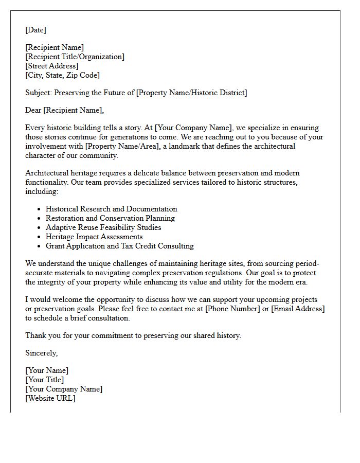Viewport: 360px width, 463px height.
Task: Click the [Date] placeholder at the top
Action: tap(35, 30)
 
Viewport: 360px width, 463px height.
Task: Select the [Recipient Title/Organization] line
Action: tap(75, 57)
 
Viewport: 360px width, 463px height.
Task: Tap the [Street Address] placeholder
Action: tap(52, 66)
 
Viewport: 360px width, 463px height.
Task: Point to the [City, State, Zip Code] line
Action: tap(62, 75)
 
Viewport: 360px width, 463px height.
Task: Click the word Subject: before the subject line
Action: tap(39, 93)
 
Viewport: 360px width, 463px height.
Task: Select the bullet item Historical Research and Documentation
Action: tap(111, 209)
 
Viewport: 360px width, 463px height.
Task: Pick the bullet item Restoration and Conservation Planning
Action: tap(110, 218)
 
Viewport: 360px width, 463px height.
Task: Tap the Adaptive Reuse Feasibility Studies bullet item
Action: tap(103, 227)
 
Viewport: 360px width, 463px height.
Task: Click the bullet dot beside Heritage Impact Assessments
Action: tap(39, 237)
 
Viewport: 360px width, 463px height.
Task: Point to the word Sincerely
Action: tap(41, 353)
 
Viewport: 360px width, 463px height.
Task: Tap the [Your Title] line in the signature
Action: tap(45, 380)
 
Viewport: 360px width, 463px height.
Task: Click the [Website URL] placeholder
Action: tap(50, 398)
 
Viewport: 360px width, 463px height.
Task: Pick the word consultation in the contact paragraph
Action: tap(107, 318)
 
